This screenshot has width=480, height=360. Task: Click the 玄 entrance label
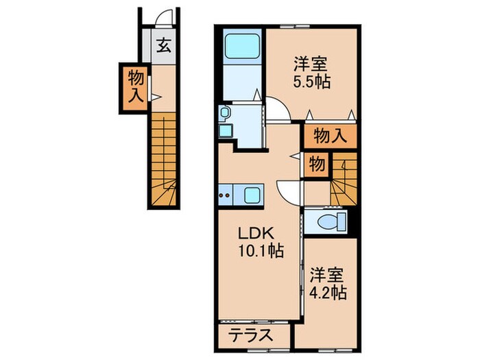click(x=165, y=47)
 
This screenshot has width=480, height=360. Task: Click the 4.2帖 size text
click(x=327, y=291)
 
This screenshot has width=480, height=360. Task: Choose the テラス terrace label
click(x=249, y=337)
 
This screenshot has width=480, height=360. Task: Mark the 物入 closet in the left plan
click(x=134, y=87)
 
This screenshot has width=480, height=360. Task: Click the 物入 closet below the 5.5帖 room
click(x=329, y=136)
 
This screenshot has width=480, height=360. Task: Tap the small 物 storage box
click(x=316, y=165)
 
